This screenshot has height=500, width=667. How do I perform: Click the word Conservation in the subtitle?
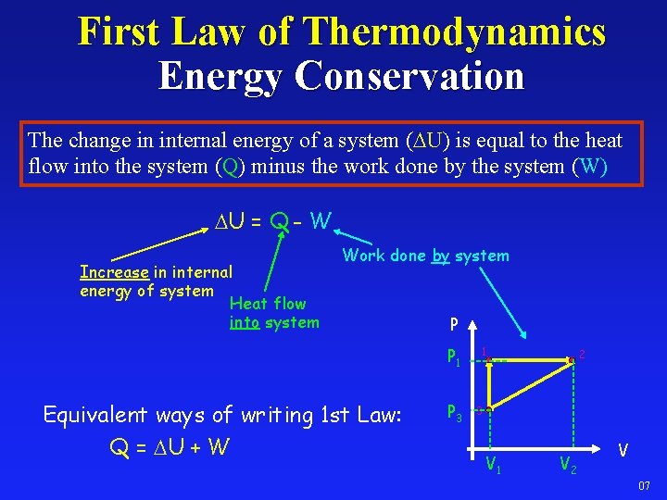click(409, 76)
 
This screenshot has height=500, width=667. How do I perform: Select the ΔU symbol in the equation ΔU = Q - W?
click(229, 221)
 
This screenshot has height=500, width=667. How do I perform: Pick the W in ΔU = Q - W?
click(321, 221)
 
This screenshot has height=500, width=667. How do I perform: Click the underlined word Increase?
click(114, 272)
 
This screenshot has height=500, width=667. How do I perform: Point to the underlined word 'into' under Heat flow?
click(245, 322)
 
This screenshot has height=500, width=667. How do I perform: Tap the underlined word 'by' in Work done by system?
click(440, 256)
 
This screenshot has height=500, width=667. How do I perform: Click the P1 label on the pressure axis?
click(454, 356)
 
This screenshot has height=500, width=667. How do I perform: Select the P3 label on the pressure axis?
click(454, 411)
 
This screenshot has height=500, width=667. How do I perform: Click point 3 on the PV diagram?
click(489, 408)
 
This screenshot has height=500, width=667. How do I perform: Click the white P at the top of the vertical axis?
click(453, 324)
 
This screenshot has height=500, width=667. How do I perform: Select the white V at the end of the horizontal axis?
click(624, 450)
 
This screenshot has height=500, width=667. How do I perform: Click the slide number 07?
click(645, 486)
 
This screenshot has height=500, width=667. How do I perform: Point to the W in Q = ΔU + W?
click(220, 447)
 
